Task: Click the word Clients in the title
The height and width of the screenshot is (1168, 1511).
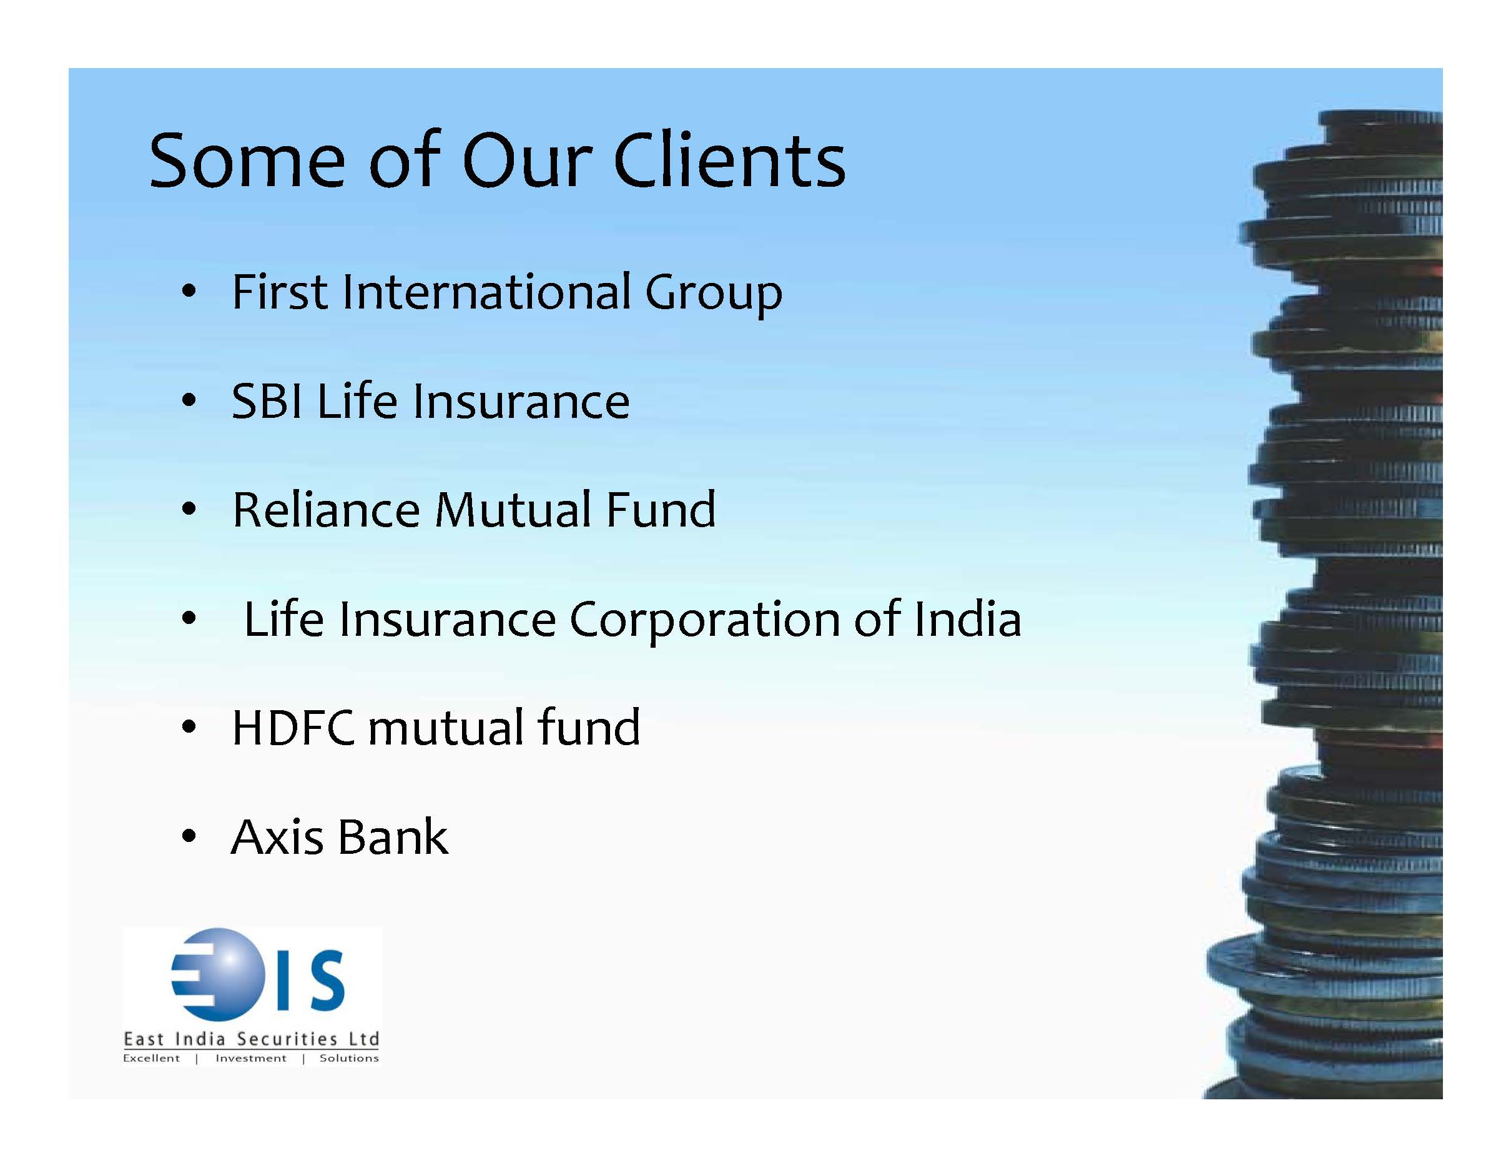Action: coord(729,160)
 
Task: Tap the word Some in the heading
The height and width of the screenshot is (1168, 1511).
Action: coord(247,161)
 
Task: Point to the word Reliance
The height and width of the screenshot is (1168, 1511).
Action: coord(326,510)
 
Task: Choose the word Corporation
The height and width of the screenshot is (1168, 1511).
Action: coord(704,620)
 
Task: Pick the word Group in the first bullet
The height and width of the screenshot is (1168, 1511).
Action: coord(713,294)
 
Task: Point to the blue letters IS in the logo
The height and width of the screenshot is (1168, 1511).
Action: coord(309,979)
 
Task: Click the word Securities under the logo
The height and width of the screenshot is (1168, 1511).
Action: coord(287,1039)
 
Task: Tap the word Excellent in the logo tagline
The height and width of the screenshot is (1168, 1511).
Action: coord(152,1058)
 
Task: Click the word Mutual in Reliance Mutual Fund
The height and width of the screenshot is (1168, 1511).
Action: coord(512,510)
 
